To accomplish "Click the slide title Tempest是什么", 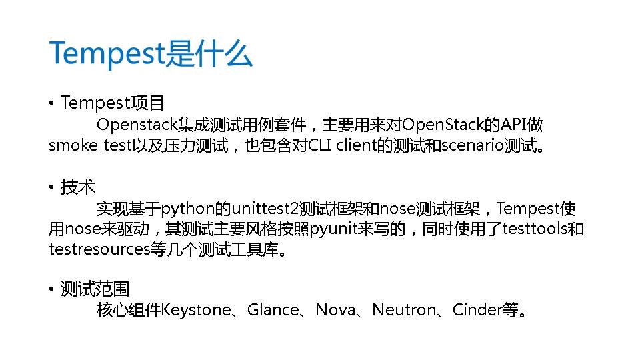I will click(x=151, y=53).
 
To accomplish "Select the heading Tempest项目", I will click(x=112, y=103).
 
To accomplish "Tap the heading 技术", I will click(x=78, y=187).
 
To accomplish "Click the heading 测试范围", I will click(x=95, y=289).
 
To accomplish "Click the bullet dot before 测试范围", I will click(x=51, y=290).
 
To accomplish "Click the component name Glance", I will click(x=273, y=310).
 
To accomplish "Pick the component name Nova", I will click(x=335, y=310).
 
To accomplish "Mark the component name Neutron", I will click(x=403, y=310).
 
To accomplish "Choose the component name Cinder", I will click(x=476, y=310).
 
